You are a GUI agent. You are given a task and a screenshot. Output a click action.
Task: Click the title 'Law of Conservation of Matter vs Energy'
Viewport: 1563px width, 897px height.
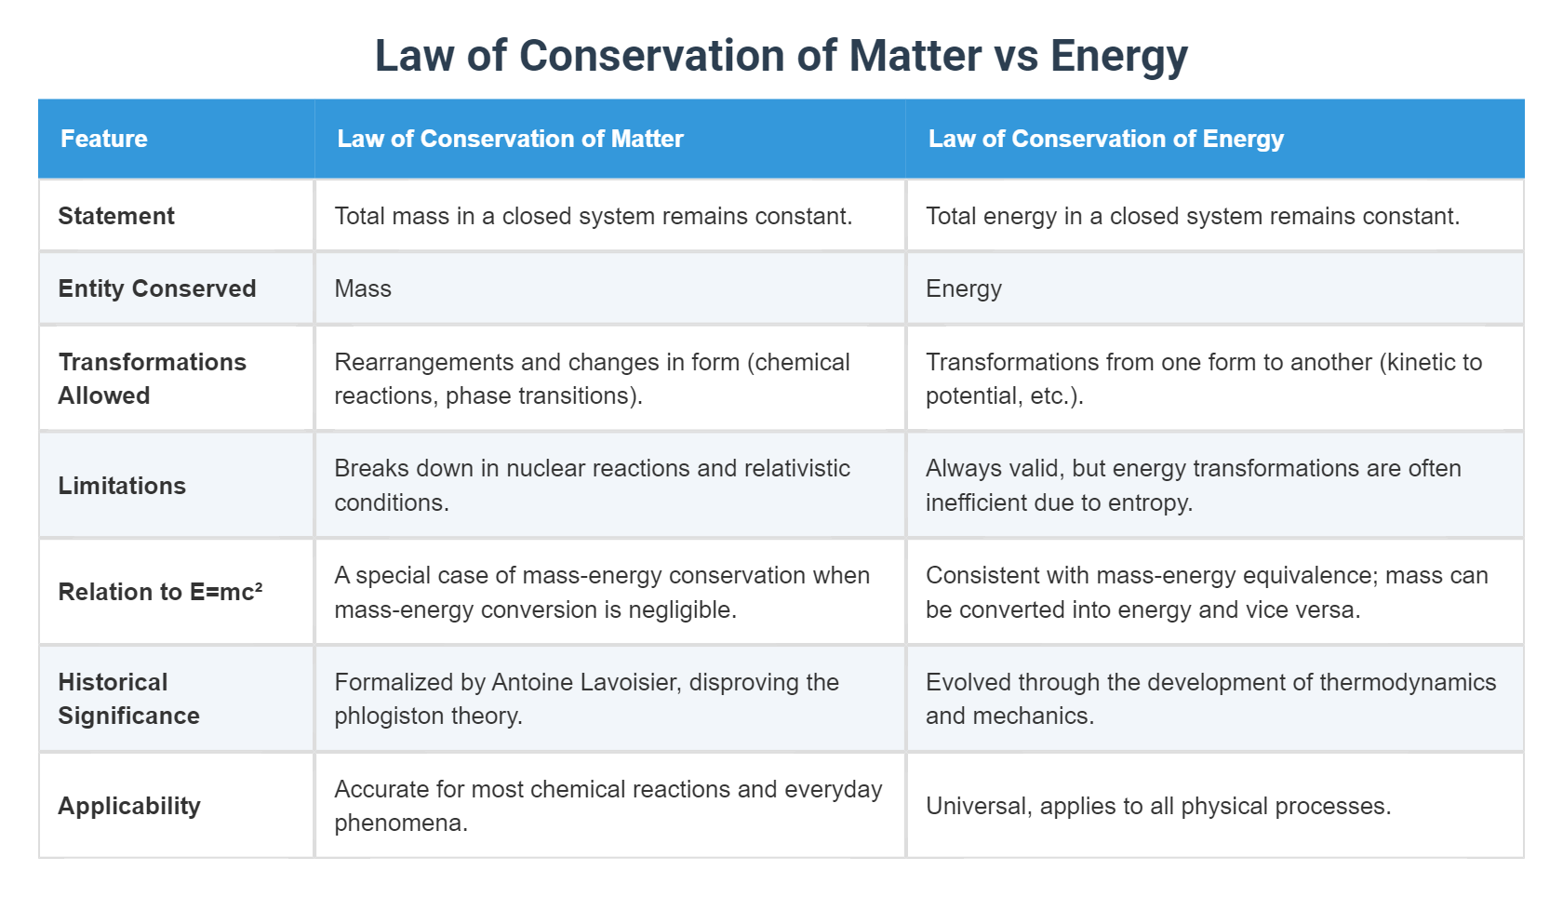coord(781,56)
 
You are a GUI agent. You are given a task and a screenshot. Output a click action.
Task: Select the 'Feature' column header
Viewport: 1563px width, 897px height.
coord(104,139)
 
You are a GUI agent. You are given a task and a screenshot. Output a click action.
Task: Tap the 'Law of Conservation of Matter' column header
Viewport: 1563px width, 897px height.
coord(510,139)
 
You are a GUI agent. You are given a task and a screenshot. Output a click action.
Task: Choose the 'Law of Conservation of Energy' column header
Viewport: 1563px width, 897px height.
coord(1105,139)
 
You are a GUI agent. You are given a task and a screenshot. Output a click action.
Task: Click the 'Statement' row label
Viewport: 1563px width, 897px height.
coord(116,216)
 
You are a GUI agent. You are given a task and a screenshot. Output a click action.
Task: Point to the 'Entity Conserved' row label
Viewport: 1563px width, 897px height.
coord(156,288)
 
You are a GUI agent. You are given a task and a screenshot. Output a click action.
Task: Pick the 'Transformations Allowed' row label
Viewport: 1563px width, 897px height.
coord(152,379)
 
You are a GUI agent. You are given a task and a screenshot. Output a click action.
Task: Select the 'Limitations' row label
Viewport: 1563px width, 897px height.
coord(122,486)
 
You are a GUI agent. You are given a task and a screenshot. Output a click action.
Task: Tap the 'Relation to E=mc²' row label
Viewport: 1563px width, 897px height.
coord(160,592)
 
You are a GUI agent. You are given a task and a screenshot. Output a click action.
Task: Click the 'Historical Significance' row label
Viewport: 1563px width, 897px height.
coord(128,699)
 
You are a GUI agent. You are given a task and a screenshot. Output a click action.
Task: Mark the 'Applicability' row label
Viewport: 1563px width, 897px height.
coord(129,806)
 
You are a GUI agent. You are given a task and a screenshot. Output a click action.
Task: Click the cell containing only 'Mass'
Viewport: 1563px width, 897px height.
coord(363,288)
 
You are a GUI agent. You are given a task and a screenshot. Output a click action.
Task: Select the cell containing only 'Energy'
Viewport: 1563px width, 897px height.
coord(963,288)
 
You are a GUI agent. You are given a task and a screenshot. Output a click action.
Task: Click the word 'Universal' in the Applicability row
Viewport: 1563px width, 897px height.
coord(978,806)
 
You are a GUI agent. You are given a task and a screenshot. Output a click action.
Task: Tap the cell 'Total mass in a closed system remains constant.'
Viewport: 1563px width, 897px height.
coord(593,216)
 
